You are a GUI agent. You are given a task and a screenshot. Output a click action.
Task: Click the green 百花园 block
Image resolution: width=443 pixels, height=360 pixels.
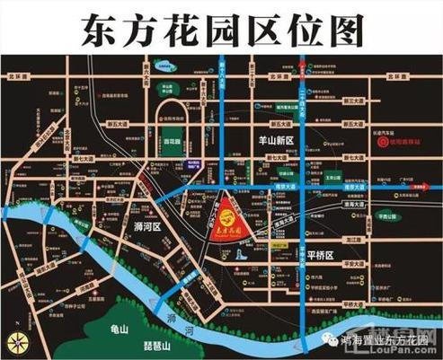(173, 141)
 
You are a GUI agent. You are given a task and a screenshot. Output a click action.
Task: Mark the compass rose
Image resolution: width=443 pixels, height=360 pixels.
(16, 339)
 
